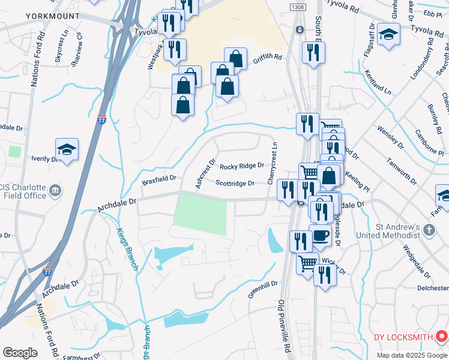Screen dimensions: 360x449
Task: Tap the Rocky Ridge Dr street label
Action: (242, 166)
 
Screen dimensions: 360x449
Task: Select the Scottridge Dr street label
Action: (235, 184)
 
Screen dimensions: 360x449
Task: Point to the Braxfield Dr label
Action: (159, 179)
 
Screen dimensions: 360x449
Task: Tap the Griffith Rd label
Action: (267, 58)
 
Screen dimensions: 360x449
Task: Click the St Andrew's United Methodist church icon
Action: (429, 230)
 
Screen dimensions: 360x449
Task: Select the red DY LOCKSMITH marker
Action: (442, 336)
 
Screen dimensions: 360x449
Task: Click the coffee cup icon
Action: (320, 234)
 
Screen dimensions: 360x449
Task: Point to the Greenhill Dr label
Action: (263, 289)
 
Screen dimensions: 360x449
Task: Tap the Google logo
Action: (20, 353)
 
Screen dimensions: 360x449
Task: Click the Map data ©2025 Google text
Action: (412, 355)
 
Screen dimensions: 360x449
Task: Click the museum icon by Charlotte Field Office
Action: (55, 191)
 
